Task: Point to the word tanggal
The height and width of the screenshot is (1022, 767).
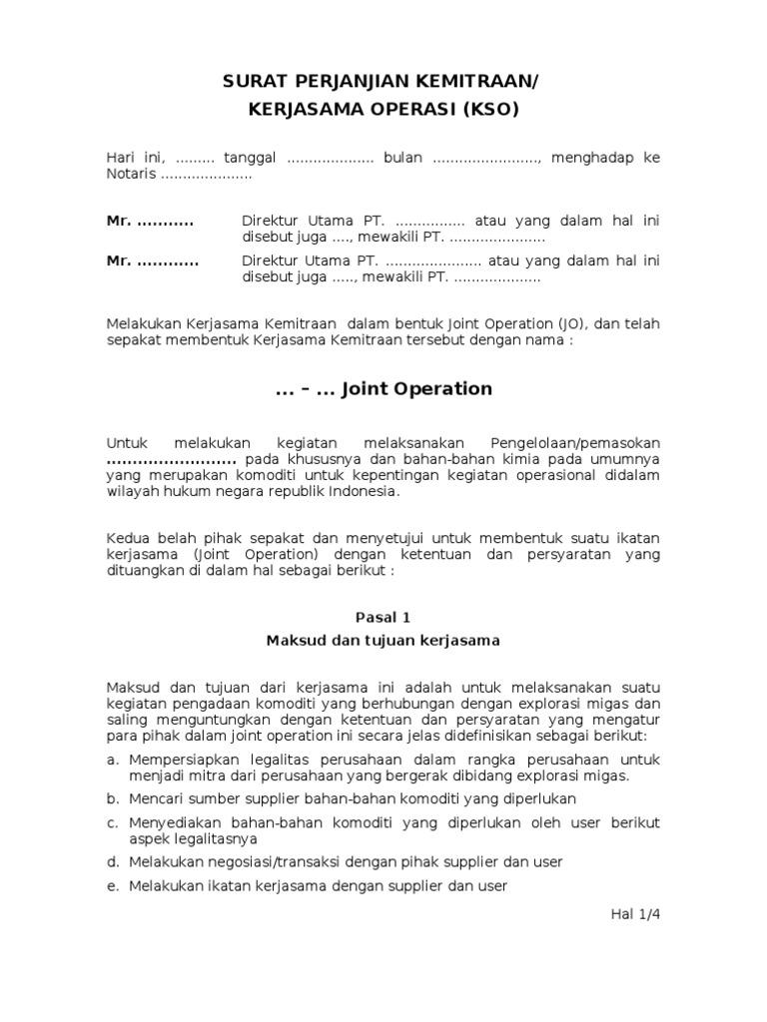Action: pos(251,159)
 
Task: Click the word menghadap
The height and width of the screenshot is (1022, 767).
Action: pos(594,159)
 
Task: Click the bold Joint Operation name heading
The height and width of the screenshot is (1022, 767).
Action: pos(416,389)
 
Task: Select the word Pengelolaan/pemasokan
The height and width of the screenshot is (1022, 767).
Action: pos(574,442)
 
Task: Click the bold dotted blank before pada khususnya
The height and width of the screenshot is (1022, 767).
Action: pos(171,459)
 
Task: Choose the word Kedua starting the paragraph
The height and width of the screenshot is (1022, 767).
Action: pos(127,539)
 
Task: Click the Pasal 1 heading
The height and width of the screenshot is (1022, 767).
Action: pos(383,618)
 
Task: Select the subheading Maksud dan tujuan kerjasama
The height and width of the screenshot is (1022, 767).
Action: pos(383,641)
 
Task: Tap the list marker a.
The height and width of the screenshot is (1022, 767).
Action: pos(112,761)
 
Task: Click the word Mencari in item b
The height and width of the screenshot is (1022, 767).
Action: pos(157,799)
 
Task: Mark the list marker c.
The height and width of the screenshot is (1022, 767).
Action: pos(112,822)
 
